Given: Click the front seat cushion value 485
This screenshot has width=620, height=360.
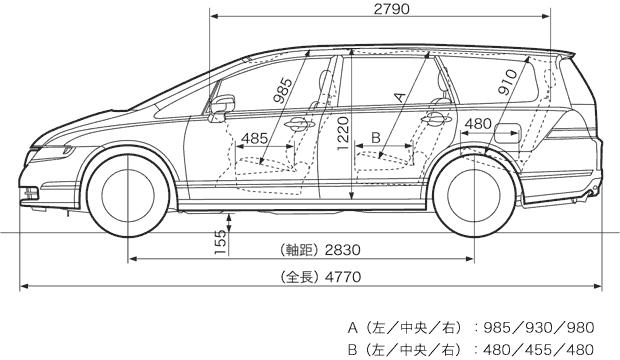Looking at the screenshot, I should (x=254, y=138).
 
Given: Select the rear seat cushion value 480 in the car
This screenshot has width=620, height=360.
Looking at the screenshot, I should (x=479, y=124).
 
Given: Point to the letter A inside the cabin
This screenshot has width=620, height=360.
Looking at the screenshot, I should (x=400, y=97).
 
